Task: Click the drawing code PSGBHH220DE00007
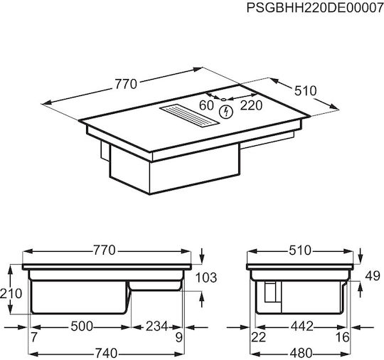tap(315, 8)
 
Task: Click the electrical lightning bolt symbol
tap(225, 112)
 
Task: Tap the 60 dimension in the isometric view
tap(206, 105)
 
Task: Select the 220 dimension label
tap(251, 105)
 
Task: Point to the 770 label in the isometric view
tap(126, 84)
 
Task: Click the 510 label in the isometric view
tap(305, 90)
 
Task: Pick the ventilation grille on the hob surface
tap(188, 117)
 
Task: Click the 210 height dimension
tap(11, 293)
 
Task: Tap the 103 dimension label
tap(206, 277)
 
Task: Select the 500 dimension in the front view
tap(82, 327)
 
